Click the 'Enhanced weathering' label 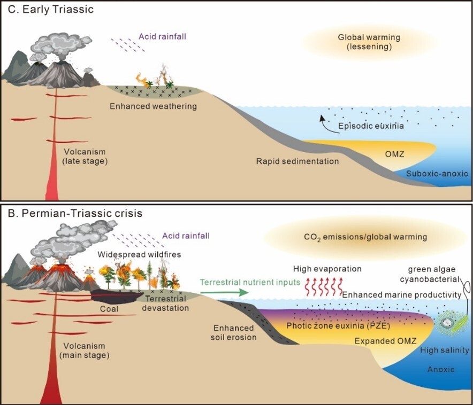click(153, 106)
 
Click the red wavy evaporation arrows click(320, 287)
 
